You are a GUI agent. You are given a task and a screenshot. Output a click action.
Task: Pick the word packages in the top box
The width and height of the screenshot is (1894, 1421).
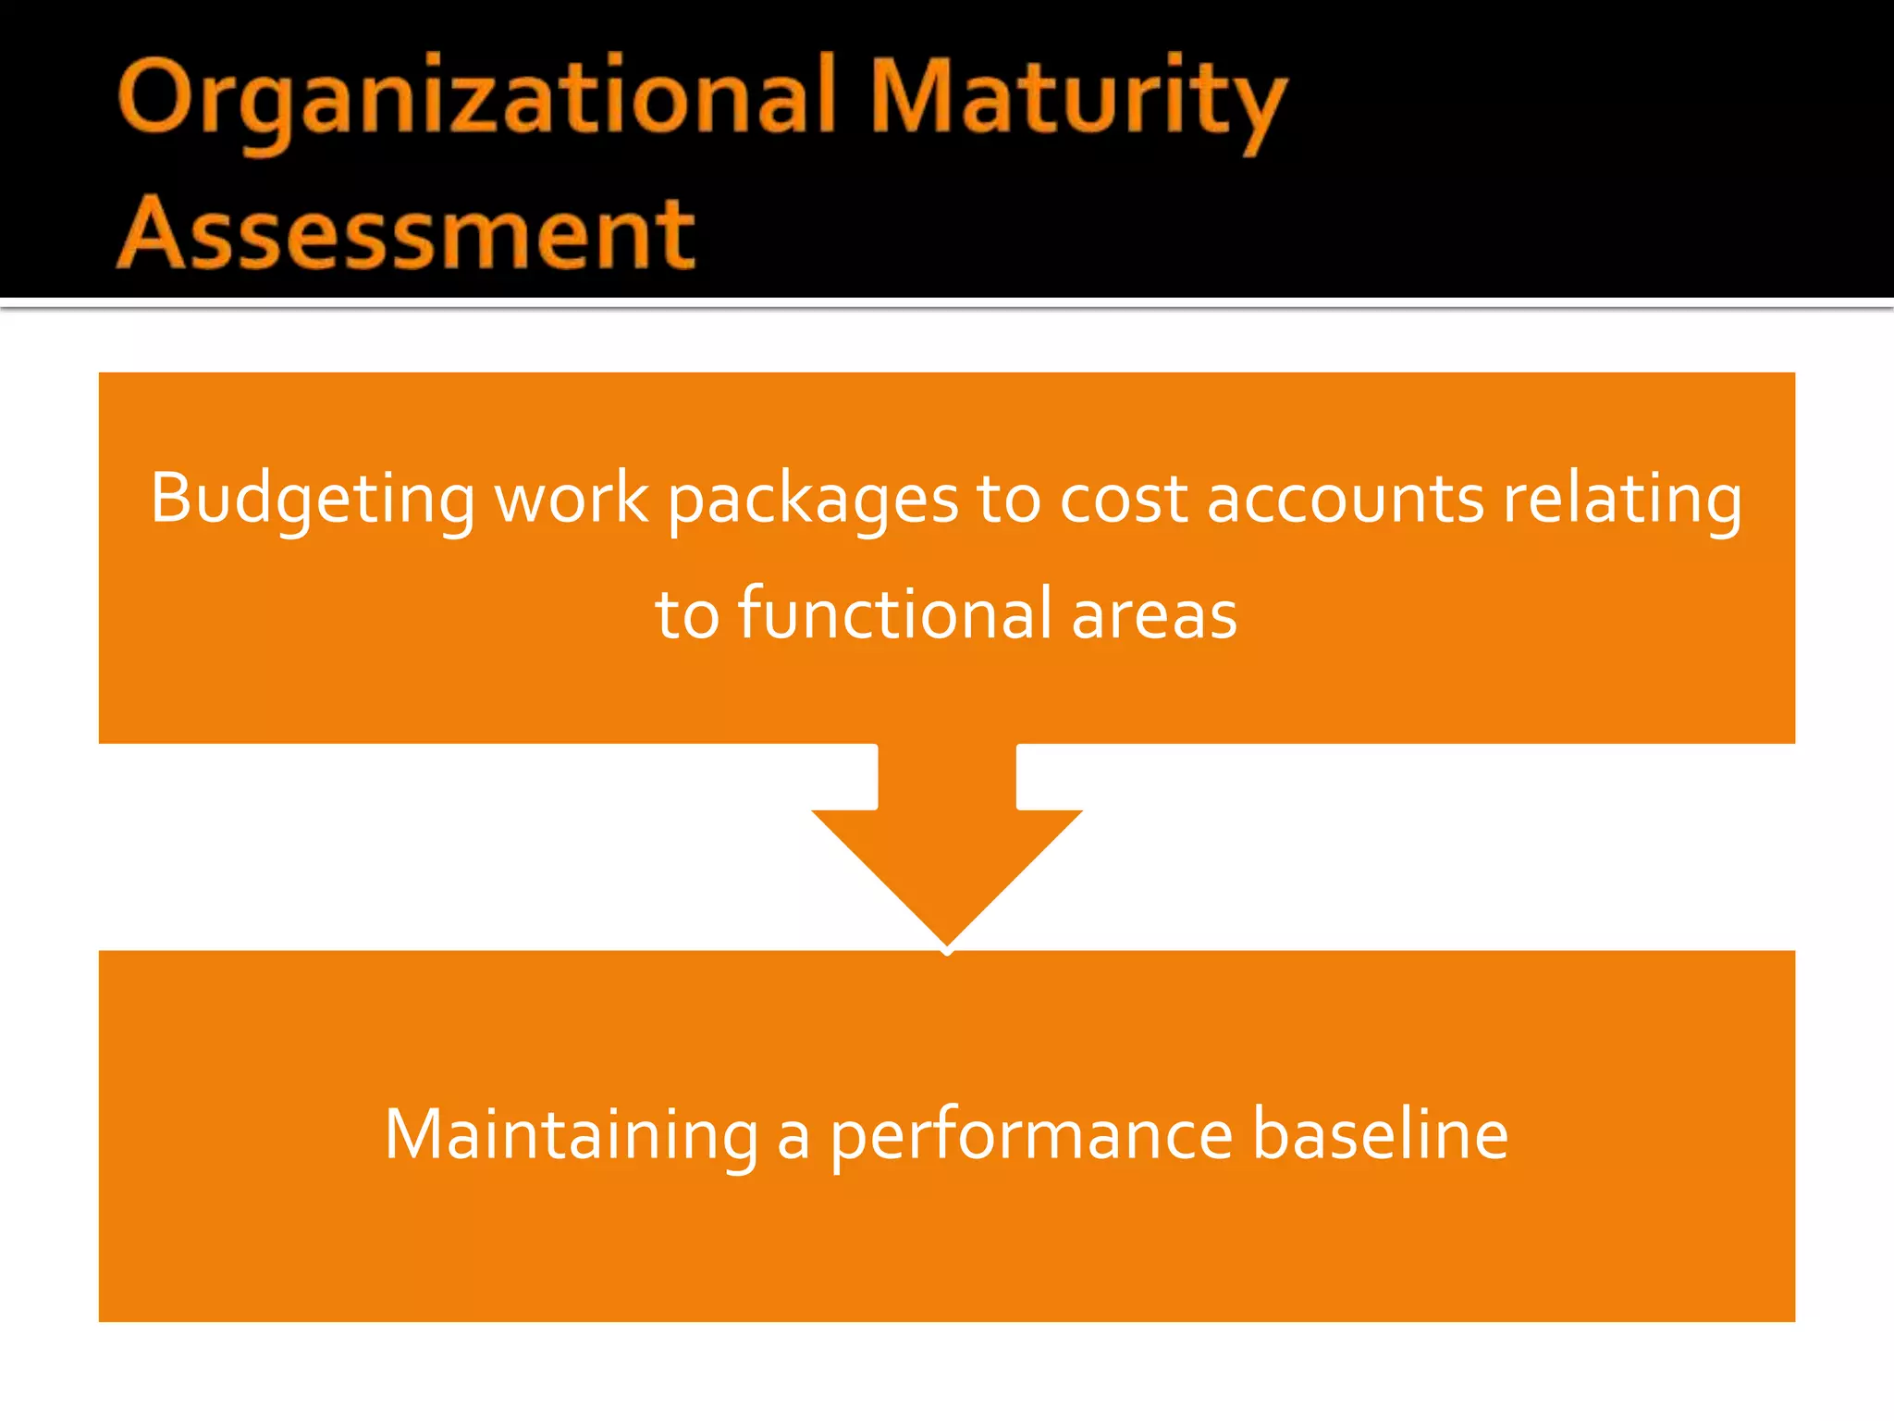coord(814,500)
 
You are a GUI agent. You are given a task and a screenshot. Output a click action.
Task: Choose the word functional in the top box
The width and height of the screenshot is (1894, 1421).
coord(895,613)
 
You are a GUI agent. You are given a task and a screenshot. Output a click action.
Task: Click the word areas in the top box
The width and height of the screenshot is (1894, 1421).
coord(1154,615)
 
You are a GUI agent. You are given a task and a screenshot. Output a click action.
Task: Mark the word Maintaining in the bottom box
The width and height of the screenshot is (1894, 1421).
coord(572,1135)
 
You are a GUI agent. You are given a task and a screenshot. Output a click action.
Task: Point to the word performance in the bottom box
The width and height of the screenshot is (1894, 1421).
coord(1031,1135)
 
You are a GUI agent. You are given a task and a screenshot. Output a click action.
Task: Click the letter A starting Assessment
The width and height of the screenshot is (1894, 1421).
coord(150,233)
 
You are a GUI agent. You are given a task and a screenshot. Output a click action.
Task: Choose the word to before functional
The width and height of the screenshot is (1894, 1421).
coord(687,615)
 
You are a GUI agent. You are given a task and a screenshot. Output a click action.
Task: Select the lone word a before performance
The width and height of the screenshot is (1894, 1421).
coord(793,1137)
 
